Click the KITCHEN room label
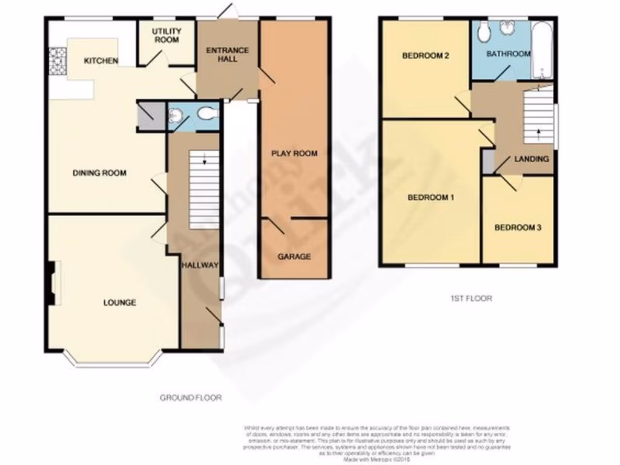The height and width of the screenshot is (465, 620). pyautogui.click(x=101, y=61)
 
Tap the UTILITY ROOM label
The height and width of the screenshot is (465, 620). pyautogui.click(x=166, y=36)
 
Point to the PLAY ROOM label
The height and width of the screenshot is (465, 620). pyautogui.click(x=294, y=154)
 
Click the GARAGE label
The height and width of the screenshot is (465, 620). pyautogui.click(x=294, y=257)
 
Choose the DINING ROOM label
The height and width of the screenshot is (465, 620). pyautogui.click(x=99, y=173)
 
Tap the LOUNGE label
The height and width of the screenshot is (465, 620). pyautogui.click(x=119, y=303)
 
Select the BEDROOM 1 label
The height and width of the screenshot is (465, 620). pyautogui.click(x=430, y=198)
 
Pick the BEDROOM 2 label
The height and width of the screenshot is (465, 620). pyautogui.click(x=426, y=56)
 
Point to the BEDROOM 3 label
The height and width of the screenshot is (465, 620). pyautogui.click(x=518, y=228)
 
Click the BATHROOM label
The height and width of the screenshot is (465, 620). pyautogui.click(x=509, y=54)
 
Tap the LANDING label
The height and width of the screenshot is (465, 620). pyautogui.click(x=532, y=159)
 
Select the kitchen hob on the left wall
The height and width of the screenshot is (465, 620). pyautogui.click(x=56, y=61)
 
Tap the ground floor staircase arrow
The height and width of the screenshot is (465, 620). pyautogui.click(x=205, y=160)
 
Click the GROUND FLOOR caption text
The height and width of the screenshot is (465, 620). pyautogui.click(x=191, y=398)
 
